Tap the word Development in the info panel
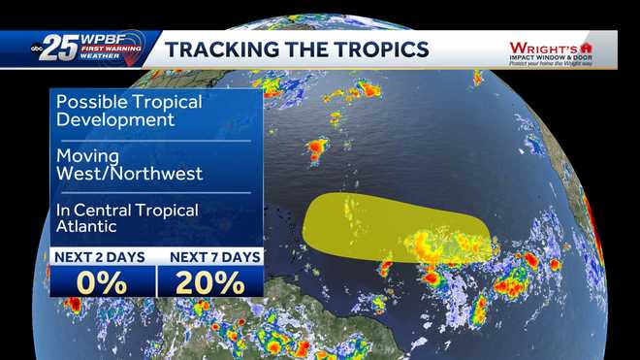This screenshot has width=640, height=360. click(115, 120)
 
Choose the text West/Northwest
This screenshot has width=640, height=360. click(129, 174)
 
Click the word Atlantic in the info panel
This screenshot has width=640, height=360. click(87, 227)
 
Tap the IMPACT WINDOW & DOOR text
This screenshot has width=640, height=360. click(549, 57)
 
